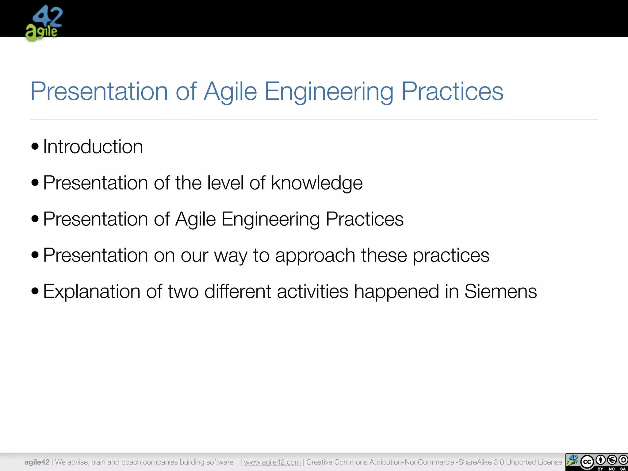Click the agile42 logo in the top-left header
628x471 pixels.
pyautogui.click(x=44, y=23)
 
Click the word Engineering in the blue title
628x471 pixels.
pyautogui.click(x=329, y=91)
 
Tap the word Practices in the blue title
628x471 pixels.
pyautogui.click(x=452, y=91)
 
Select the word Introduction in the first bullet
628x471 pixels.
pyautogui.click(x=93, y=147)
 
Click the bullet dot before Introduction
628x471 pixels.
pyautogui.click(x=35, y=146)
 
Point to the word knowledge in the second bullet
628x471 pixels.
pyautogui.click(x=316, y=183)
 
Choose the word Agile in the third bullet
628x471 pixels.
pyautogui.click(x=196, y=219)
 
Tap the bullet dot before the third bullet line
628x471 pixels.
pyautogui.click(x=35, y=219)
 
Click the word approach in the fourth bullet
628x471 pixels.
pyautogui.click(x=315, y=255)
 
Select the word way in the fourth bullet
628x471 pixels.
pyautogui.click(x=230, y=255)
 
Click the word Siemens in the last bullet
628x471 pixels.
pyautogui.click(x=500, y=291)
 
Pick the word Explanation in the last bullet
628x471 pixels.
pyautogui.click(x=91, y=291)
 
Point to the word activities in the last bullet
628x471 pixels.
pyautogui.click(x=312, y=291)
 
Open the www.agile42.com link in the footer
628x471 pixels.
pyautogui.click(x=272, y=462)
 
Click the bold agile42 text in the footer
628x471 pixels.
pyautogui.click(x=37, y=462)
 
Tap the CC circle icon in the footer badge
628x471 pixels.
pyautogui.click(x=587, y=462)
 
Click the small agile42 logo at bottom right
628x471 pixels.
pyautogui.click(x=572, y=460)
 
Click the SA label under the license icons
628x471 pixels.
pyautogui.click(x=622, y=469)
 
